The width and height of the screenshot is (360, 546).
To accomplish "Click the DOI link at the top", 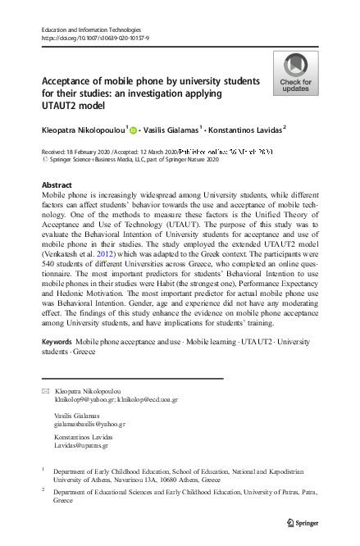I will (95, 38).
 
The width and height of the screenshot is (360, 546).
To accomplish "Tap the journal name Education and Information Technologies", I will (86, 29).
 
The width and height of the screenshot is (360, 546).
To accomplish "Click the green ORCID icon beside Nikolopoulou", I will (132, 130).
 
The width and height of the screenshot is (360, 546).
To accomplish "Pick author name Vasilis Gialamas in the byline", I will (175, 130).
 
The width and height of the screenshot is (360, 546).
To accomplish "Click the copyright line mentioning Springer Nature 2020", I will (134, 161).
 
